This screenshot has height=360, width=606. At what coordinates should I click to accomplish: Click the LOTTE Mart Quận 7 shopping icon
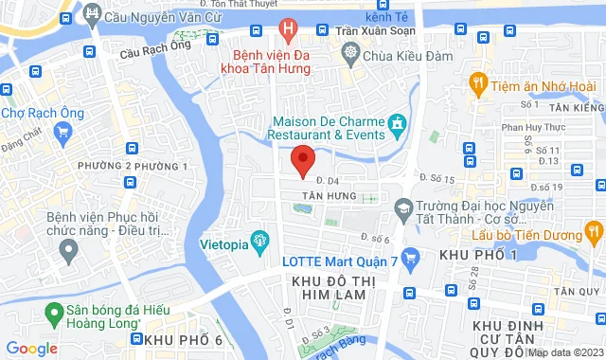click(x=410, y=257)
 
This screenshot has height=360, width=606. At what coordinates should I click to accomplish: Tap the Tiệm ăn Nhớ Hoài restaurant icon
click(x=478, y=83)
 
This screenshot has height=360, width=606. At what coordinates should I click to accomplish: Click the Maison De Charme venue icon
click(x=397, y=124)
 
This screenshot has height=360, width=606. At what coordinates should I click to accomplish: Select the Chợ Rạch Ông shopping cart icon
click(x=64, y=132)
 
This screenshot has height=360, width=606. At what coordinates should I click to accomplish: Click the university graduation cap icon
click(x=403, y=208)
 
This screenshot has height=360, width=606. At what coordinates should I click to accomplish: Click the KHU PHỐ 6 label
click(x=184, y=340)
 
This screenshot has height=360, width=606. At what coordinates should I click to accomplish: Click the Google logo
click(x=32, y=348)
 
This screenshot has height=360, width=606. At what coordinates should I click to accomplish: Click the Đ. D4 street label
click(x=328, y=178)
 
